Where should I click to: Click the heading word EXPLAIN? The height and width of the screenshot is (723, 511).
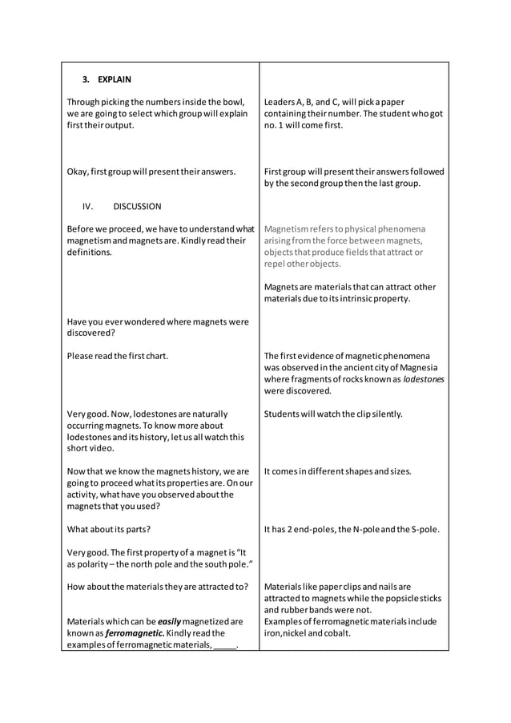click(x=115, y=79)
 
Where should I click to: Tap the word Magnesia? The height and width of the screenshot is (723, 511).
click(x=425, y=368)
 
